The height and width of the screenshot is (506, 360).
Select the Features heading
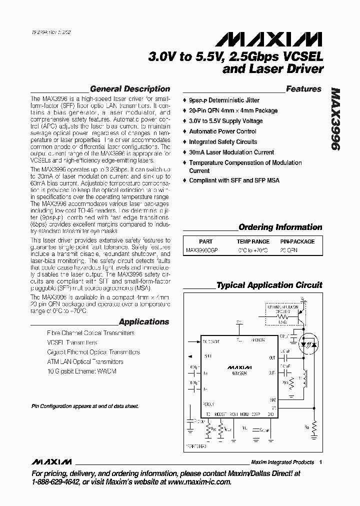[303, 89]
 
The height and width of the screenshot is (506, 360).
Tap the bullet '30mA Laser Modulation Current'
[231, 152]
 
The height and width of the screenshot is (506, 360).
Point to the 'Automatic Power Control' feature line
[222, 131]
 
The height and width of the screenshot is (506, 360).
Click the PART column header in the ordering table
[205, 241]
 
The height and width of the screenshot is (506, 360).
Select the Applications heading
[144, 322]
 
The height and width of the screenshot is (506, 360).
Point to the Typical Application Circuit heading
[269, 285]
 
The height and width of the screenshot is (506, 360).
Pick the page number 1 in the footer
[320, 462]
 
